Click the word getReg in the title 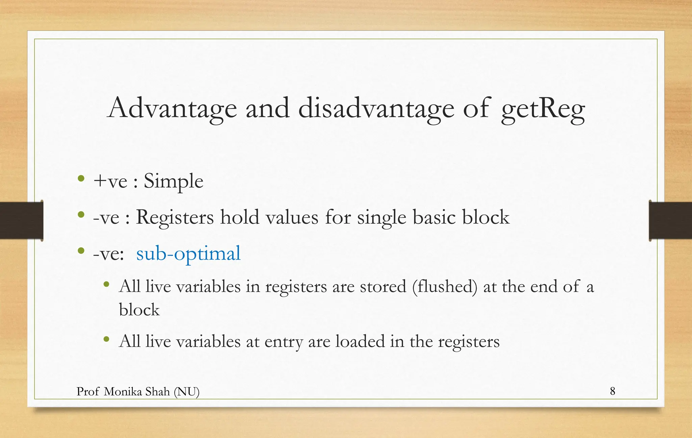[x=543, y=109]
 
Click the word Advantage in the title [x=172, y=109]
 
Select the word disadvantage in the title [x=376, y=109]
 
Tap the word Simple [x=173, y=181]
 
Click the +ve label [x=110, y=181]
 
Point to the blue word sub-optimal [x=188, y=253]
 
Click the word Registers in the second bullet [x=175, y=217]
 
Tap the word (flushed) [x=445, y=287]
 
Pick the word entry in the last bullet [x=283, y=342]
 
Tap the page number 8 [x=613, y=391]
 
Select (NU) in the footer [x=187, y=392]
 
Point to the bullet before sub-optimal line [x=81, y=251]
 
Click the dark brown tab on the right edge [x=670, y=220]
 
